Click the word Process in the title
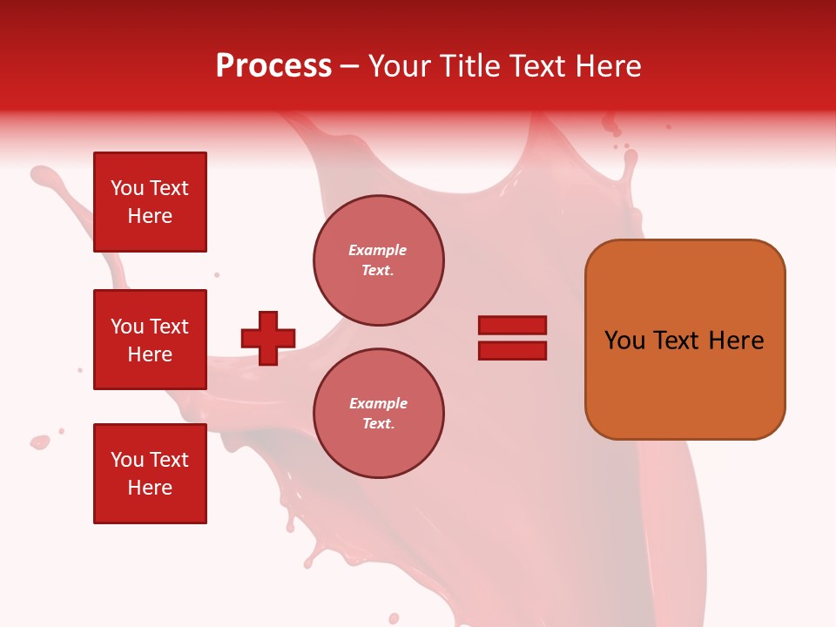click(x=273, y=66)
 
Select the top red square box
click(x=150, y=202)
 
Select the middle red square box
click(x=150, y=340)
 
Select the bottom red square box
click(x=150, y=474)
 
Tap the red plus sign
click(x=268, y=338)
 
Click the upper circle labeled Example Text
click(x=379, y=260)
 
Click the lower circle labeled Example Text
click(x=379, y=414)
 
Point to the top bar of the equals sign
click(x=512, y=325)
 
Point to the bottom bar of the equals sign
click(x=512, y=350)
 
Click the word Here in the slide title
click(x=606, y=66)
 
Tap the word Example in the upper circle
click(x=378, y=250)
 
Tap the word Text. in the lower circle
click(x=378, y=424)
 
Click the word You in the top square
click(x=127, y=188)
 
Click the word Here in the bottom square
click(x=150, y=488)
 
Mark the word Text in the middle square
click(x=168, y=327)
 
